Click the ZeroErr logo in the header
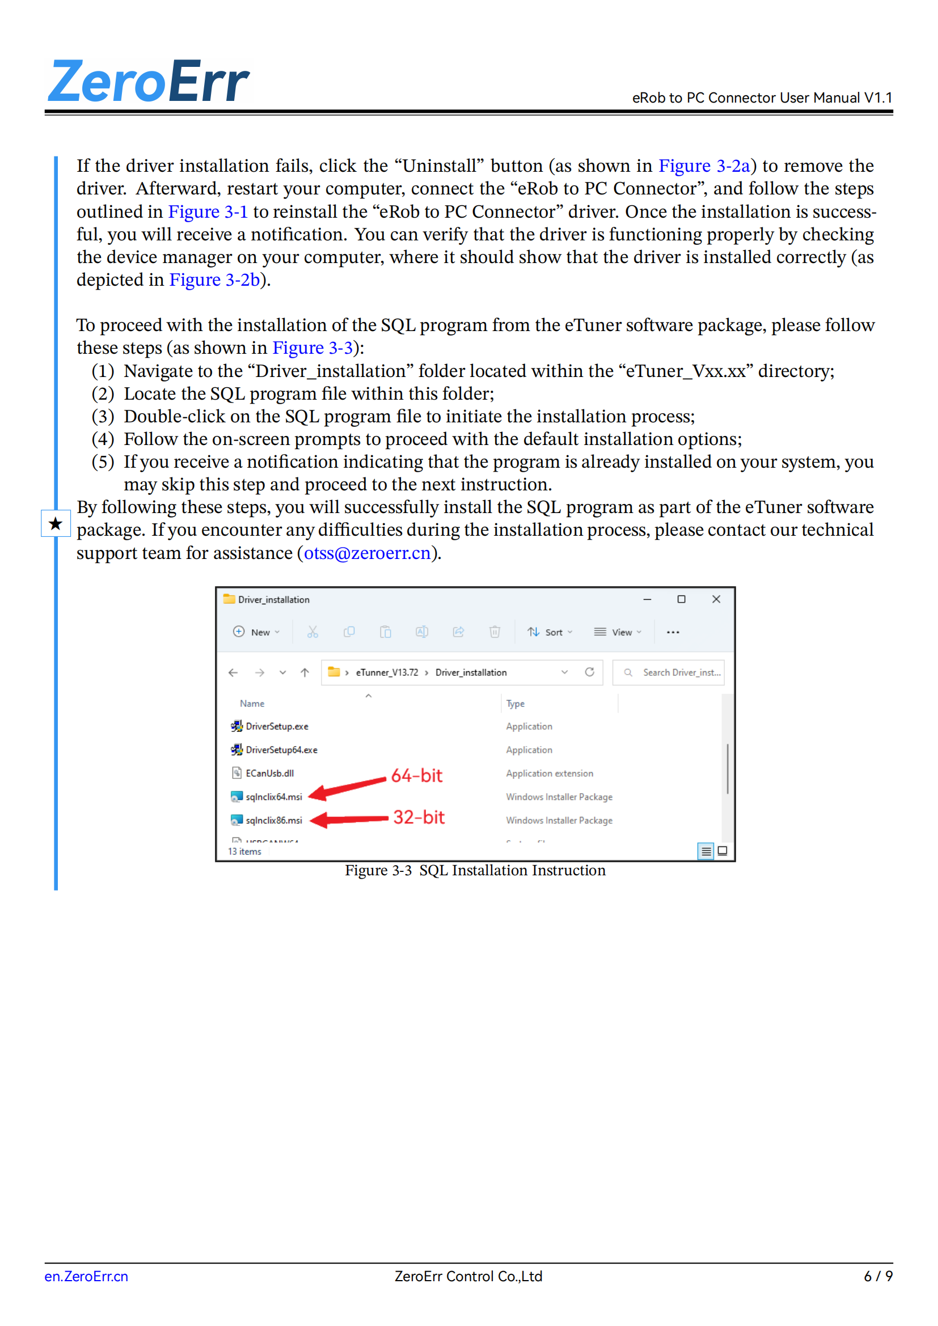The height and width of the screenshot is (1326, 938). click(149, 82)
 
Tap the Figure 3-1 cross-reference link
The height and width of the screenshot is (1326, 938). click(208, 212)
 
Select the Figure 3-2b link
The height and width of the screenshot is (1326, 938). click(214, 280)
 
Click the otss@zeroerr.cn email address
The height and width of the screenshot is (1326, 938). click(367, 553)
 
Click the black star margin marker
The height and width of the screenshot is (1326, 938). click(56, 524)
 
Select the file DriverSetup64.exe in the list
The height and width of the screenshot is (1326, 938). click(281, 749)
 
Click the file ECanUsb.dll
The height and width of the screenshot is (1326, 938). click(269, 773)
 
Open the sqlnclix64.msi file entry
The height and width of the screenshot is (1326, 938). click(273, 797)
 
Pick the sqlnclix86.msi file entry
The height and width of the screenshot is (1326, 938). click(273, 820)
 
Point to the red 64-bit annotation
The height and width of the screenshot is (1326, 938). click(416, 776)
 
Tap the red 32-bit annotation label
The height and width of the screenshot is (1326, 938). click(419, 817)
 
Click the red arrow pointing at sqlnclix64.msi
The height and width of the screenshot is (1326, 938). click(347, 788)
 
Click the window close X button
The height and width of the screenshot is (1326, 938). click(716, 599)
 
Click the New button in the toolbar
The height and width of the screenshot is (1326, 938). click(256, 633)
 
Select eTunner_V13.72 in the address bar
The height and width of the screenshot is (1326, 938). click(386, 673)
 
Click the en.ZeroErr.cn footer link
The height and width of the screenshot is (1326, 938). click(87, 1276)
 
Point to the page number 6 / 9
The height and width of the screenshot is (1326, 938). click(878, 1276)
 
